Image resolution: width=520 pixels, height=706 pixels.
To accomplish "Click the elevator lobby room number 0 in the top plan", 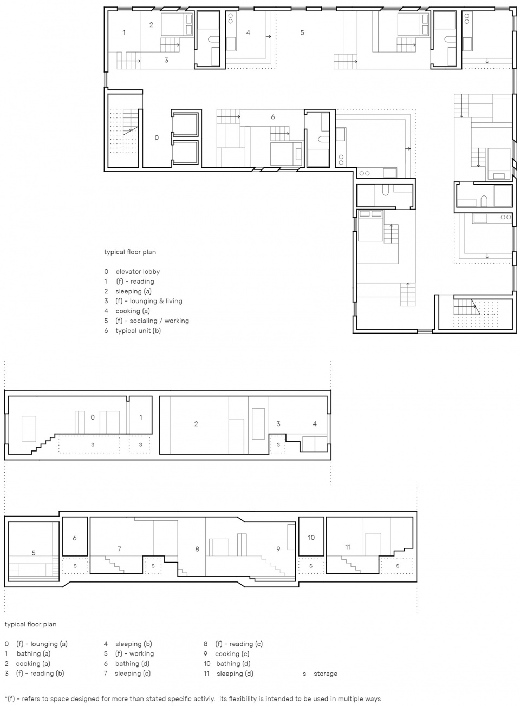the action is coord(157,138).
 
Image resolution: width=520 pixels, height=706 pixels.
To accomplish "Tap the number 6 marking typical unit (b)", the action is coord(273,117).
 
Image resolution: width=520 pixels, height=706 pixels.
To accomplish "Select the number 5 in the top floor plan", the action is coord(302,32).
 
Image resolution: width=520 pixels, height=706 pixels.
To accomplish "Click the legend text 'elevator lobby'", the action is coord(138,271).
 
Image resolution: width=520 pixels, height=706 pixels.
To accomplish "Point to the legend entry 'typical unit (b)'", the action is coord(138,331).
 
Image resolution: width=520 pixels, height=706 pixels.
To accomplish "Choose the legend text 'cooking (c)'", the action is coord(232,653).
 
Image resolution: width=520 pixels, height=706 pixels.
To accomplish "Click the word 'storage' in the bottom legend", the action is coord(326,674).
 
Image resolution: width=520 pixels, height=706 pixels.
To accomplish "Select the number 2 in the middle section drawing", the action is coord(196,424).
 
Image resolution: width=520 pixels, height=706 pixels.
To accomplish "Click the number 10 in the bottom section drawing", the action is coord(311,538).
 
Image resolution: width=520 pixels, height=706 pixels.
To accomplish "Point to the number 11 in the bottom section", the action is coord(348,547).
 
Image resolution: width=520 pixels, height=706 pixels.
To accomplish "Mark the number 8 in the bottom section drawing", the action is coord(197,549).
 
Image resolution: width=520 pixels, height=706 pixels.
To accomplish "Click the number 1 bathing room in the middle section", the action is coord(141,417).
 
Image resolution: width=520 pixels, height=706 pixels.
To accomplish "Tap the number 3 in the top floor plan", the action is coord(166,60).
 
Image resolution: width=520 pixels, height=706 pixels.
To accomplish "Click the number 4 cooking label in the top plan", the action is coord(248,32).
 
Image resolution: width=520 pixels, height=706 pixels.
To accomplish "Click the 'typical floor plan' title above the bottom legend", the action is coord(30,624).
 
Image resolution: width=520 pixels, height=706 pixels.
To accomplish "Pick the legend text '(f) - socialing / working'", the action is coord(152,321).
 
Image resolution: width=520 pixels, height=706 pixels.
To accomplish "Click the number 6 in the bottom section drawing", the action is coord(75,538).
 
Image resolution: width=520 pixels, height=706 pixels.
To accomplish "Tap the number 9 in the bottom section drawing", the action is coord(278,549).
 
